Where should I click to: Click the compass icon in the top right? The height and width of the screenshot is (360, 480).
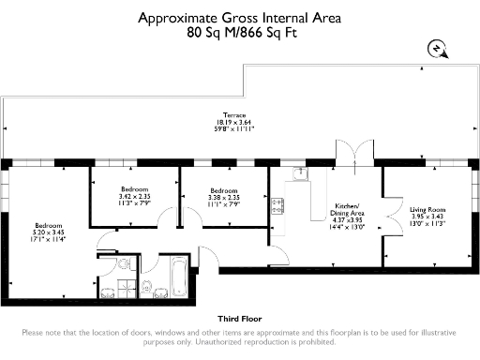(x=436, y=49)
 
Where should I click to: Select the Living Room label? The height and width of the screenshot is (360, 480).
(x=428, y=209)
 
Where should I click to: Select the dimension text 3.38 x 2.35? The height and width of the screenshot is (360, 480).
(x=224, y=197)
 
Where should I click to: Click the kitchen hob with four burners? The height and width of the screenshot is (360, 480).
(x=278, y=206)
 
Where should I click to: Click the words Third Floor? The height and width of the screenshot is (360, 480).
(x=239, y=319)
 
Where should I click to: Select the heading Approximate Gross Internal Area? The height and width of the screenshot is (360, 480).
(x=240, y=17)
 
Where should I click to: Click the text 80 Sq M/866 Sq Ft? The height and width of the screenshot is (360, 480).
(x=240, y=31)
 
